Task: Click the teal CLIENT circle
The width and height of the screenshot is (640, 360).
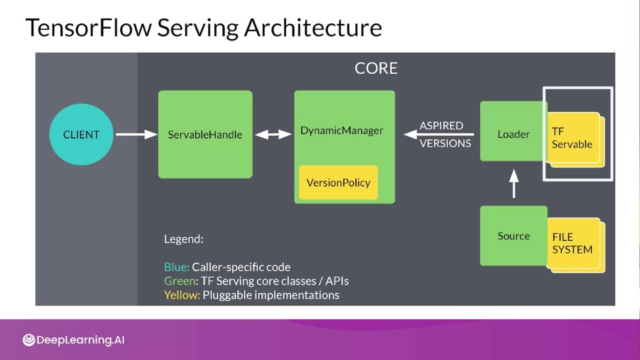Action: [81, 134]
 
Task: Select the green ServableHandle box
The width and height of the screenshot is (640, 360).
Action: [205, 134]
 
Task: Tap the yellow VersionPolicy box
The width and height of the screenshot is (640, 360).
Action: [339, 183]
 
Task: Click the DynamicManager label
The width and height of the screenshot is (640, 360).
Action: [341, 131]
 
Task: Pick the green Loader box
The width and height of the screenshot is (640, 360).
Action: [513, 131]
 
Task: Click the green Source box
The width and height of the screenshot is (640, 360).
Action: [513, 236]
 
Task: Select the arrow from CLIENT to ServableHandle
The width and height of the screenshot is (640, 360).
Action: [137, 134]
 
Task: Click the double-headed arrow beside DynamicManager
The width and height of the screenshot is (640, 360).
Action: [273, 134]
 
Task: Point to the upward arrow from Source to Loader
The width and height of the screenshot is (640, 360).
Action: [514, 184]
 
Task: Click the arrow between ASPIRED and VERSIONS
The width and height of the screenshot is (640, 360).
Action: [439, 134]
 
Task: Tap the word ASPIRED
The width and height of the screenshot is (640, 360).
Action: [441, 125]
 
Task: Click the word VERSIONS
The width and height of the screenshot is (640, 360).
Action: [445, 143]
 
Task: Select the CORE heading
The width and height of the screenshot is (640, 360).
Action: [376, 68]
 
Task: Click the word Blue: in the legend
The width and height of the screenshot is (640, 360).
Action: [177, 267]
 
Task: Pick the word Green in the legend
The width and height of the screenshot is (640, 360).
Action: [179, 281]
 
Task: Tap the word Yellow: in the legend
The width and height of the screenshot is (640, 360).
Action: [182, 295]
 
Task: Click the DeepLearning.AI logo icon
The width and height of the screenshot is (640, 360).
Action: [29, 339]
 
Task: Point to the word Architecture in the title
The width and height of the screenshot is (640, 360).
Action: [313, 27]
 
